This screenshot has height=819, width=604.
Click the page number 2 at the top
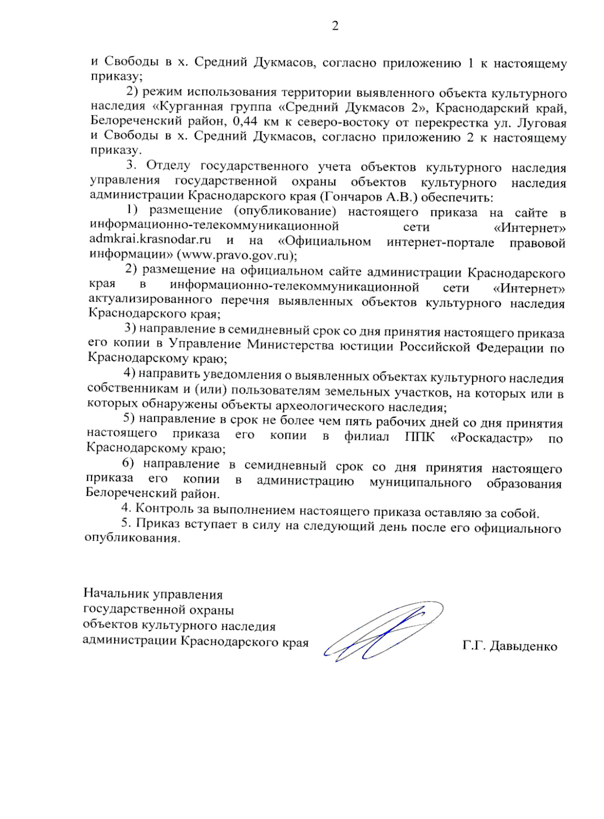click(335, 26)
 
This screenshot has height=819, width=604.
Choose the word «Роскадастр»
click(492, 437)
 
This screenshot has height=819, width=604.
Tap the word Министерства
click(290, 345)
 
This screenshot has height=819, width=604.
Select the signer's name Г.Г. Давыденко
click(509, 646)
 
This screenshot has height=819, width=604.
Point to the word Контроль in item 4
click(166, 510)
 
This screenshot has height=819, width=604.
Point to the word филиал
click(366, 436)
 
